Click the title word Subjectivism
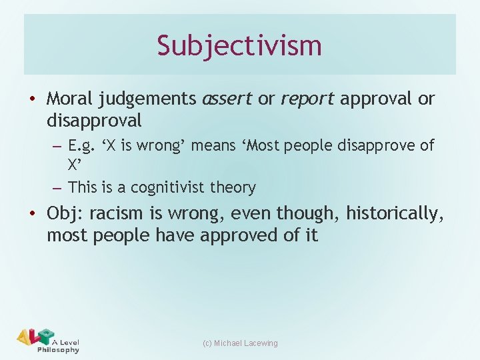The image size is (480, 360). [239, 45]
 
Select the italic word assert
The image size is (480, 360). [227, 99]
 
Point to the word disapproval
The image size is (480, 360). [94, 121]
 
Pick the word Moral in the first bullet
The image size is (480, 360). [70, 99]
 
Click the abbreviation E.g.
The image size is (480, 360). [83, 145]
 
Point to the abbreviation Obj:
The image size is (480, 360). [65, 213]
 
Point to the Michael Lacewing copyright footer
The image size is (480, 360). [240, 343]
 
